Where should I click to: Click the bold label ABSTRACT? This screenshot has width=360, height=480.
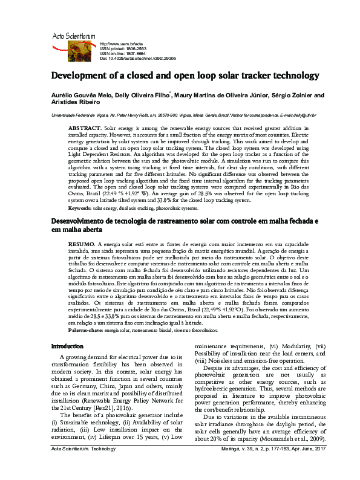click(x=85, y=129)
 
